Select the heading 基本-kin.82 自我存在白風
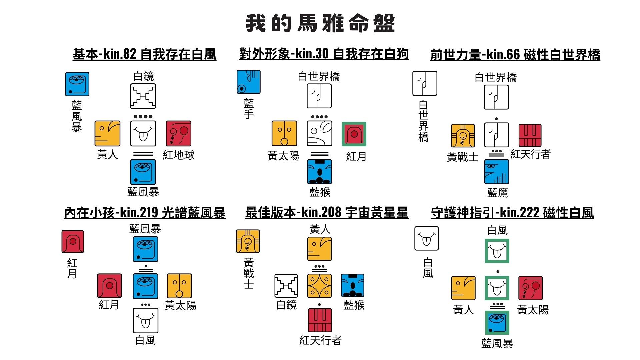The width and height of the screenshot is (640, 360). (144, 54)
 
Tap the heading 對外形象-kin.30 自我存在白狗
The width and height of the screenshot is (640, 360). (324, 54)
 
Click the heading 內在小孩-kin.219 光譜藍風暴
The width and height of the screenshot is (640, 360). (144, 213)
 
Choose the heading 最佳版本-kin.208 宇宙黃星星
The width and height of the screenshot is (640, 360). (327, 212)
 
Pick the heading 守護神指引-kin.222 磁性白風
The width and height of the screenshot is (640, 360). (512, 213)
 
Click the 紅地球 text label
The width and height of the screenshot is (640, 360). (178, 155)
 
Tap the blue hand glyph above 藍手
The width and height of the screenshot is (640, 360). (248, 82)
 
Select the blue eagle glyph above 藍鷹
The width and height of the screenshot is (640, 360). (496, 172)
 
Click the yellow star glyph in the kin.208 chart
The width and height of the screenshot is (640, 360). (319, 286)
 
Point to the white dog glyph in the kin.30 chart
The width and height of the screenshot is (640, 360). (319, 133)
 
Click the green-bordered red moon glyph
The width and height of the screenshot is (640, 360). (354, 134)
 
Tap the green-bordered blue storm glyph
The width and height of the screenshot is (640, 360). (497, 322)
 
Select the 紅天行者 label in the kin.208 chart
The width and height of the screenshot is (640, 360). (320, 340)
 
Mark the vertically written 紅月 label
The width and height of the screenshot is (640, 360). (72, 268)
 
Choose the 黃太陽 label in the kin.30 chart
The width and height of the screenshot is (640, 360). (283, 156)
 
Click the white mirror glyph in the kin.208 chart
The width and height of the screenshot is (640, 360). (286, 286)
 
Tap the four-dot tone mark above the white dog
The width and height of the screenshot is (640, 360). (319, 117)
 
